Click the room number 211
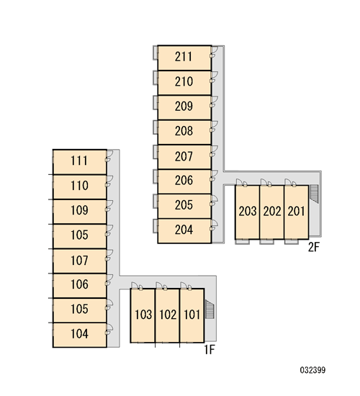tap(184, 57)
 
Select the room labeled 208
tap(184, 131)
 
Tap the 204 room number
tap(184, 230)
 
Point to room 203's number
tap(248, 211)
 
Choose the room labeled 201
tap(296, 211)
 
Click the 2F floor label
tap(314, 247)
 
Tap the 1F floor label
tap(210, 350)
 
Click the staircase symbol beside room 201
tap(314, 194)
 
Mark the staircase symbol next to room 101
tap(210, 309)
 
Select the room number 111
tap(79, 161)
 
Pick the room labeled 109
tap(79, 210)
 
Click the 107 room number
tap(79, 260)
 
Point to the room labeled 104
tap(79, 334)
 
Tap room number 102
tap(168, 315)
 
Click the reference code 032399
tap(312, 370)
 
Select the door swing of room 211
tap(215, 52)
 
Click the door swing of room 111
tap(109, 156)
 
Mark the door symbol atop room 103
tap(137, 286)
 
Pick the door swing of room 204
tap(215, 225)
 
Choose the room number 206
tap(184, 180)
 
